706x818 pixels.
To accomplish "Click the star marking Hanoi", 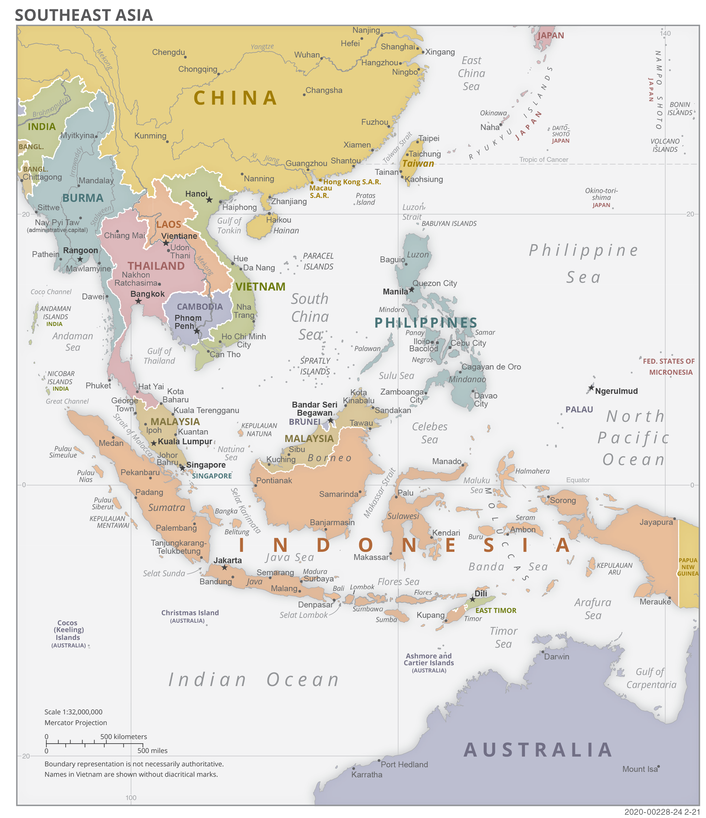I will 209,200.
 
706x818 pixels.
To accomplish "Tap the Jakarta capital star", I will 224,567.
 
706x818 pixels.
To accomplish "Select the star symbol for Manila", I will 412,290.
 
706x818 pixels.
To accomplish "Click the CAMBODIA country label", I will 200,307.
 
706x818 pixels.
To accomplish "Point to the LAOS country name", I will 169,225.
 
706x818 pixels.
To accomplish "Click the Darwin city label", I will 556,656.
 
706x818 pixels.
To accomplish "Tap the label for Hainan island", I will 286,230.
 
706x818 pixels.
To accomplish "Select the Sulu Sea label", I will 397,376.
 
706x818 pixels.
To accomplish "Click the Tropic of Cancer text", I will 543,160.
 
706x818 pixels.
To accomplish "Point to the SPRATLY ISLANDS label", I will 315,366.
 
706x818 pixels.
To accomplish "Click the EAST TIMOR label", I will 496,610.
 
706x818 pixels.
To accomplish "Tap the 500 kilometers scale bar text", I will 124,737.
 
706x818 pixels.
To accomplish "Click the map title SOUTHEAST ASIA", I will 84,15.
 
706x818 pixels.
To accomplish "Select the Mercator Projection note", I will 76,722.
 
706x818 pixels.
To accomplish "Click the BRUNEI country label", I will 305,422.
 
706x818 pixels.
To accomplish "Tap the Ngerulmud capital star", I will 591,388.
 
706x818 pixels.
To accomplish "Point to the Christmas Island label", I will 190,613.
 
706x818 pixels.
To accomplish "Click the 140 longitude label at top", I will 665,33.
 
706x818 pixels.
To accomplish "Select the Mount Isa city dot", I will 659,767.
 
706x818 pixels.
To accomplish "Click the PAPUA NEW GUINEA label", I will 688,567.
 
